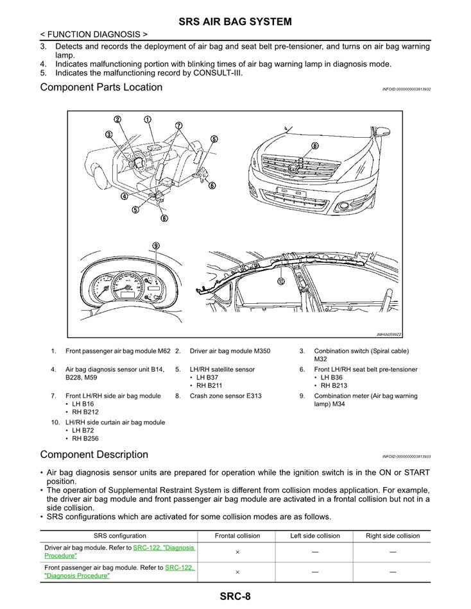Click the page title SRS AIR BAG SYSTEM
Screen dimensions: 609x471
pos(235,22)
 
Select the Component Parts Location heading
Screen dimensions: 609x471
pos(101,87)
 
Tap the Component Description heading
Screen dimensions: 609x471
pos(94,455)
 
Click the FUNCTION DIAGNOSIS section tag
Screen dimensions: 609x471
pos(94,34)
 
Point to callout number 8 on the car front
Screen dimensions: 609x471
pos(315,146)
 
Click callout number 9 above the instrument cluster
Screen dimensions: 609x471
pos(155,246)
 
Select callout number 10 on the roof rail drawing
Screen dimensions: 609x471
pos(280,281)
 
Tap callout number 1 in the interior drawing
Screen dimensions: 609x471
pos(147,120)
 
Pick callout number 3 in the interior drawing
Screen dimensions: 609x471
pos(110,134)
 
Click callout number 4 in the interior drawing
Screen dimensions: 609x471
pos(124,196)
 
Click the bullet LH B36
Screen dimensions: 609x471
pos(331,378)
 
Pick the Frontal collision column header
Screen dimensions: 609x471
pos(237,536)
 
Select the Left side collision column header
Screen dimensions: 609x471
pos(315,536)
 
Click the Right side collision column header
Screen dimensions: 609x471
pos(392,536)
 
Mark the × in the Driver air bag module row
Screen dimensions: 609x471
pos(237,552)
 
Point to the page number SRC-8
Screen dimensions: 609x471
pos(235,597)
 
